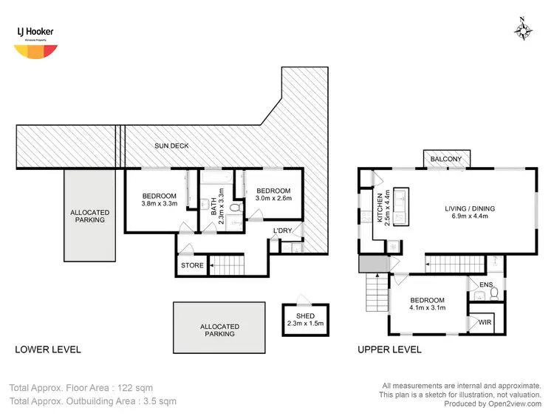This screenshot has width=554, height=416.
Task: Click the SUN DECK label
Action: (171, 146)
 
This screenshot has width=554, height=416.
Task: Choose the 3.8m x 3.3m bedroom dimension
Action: (160, 204)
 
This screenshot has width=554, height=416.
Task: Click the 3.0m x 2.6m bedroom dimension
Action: (273, 197)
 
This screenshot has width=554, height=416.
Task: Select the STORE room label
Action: (191, 265)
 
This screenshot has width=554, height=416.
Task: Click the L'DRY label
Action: (282, 231)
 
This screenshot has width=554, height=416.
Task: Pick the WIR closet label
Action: (485, 323)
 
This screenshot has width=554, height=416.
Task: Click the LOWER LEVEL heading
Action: (49, 349)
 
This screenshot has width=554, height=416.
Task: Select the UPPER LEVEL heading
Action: (389, 349)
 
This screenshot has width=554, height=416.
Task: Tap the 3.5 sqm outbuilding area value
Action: (160, 401)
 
